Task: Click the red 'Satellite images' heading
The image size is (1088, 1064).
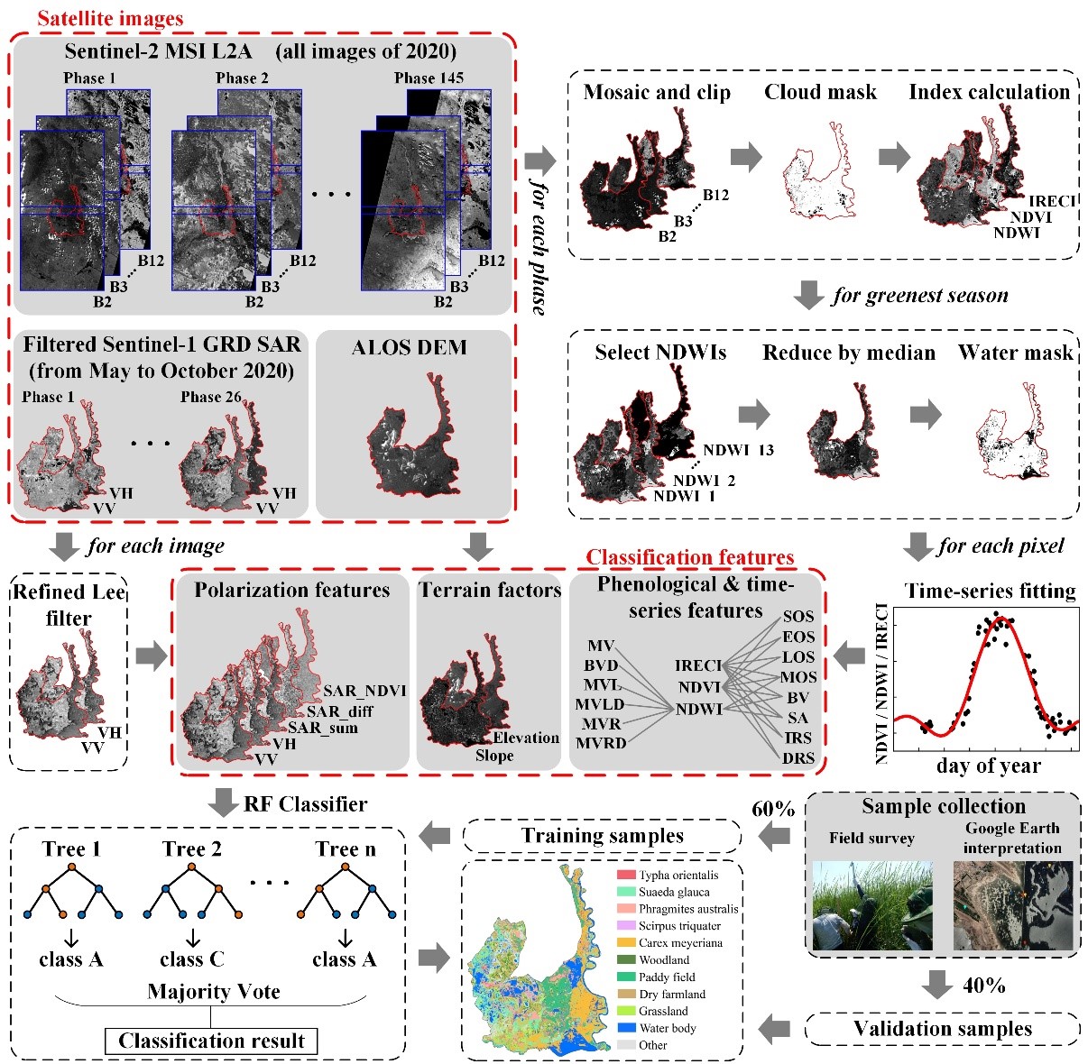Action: click(x=110, y=18)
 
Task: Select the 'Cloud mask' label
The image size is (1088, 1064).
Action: click(x=820, y=92)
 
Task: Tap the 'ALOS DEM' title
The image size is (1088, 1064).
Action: click(x=409, y=347)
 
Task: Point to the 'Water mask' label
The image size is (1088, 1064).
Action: click(x=1016, y=353)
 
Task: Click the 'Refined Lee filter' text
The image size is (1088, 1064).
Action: click(x=69, y=605)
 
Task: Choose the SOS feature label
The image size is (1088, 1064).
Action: click(x=798, y=617)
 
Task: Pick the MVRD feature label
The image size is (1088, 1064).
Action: click(x=600, y=743)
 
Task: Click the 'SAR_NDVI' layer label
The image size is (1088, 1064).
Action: click(x=365, y=691)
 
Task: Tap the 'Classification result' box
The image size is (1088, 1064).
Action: click(x=211, y=1041)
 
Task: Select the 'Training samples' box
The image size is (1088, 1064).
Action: click(x=602, y=836)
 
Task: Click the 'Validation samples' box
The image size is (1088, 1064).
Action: click(x=942, y=1029)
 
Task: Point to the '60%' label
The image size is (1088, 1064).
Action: click(x=773, y=809)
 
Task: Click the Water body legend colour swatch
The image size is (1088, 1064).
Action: click(x=626, y=1028)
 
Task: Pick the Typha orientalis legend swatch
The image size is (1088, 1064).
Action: click(x=626, y=875)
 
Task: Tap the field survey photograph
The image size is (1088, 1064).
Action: click(x=871, y=904)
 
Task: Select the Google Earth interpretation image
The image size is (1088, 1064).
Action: click(x=1012, y=904)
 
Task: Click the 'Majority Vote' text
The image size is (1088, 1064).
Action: click(x=214, y=992)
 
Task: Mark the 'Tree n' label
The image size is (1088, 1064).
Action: click(x=346, y=849)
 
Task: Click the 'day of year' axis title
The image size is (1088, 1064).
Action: click(x=989, y=766)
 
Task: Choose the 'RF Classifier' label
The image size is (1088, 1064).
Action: click(x=305, y=803)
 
